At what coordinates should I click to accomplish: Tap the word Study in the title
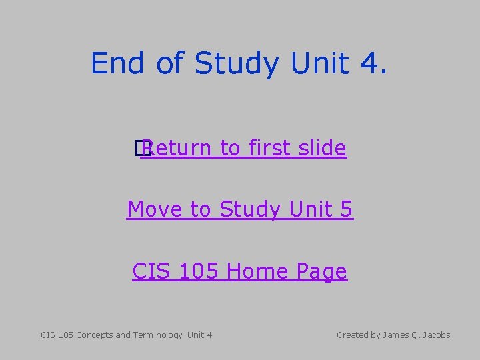point(239,63)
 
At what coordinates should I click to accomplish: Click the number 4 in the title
point(372,63)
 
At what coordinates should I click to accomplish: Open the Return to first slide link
point(243,148)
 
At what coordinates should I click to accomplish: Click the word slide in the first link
point(322,148)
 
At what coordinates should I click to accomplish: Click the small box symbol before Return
point(139,149)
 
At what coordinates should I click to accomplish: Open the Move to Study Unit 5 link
point(240,209)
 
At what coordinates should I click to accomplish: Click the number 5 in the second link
point(346,209)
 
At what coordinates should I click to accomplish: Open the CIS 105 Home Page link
point(240,271)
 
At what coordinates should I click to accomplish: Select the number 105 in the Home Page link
point(198,271)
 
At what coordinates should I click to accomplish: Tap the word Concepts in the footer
point(95,335)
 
